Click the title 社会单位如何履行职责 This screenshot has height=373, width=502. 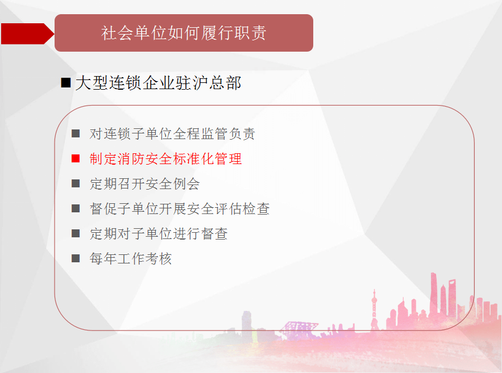(x=184, y=33)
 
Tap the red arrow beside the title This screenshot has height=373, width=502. (x=27, y=33)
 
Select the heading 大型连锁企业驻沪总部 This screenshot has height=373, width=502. (x=158, y=83)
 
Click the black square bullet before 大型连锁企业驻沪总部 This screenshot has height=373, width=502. (x=65, y=83)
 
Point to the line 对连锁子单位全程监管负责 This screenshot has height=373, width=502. (x=172, y=133)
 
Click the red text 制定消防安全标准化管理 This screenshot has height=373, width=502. (x=165, y=159)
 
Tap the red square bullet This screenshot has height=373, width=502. (x=76, y=158)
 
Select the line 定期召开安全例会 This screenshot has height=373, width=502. (x=145, y=184)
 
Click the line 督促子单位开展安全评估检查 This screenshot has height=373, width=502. (x=180, y=209)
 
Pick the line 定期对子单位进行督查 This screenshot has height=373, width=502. (x=159, y=234)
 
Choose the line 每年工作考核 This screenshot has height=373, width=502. (x=131, y=258)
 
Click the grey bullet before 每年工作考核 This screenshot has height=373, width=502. (x=76, y=258)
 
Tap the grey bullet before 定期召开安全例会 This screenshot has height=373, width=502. (x=76, y=183)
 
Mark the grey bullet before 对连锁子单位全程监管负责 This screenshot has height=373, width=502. (x=76, y=133)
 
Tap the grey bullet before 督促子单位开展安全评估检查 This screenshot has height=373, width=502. (x=76, y=208)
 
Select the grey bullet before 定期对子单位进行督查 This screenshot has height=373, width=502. (x=76, y=233)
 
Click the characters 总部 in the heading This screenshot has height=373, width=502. (x=225, y=83)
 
